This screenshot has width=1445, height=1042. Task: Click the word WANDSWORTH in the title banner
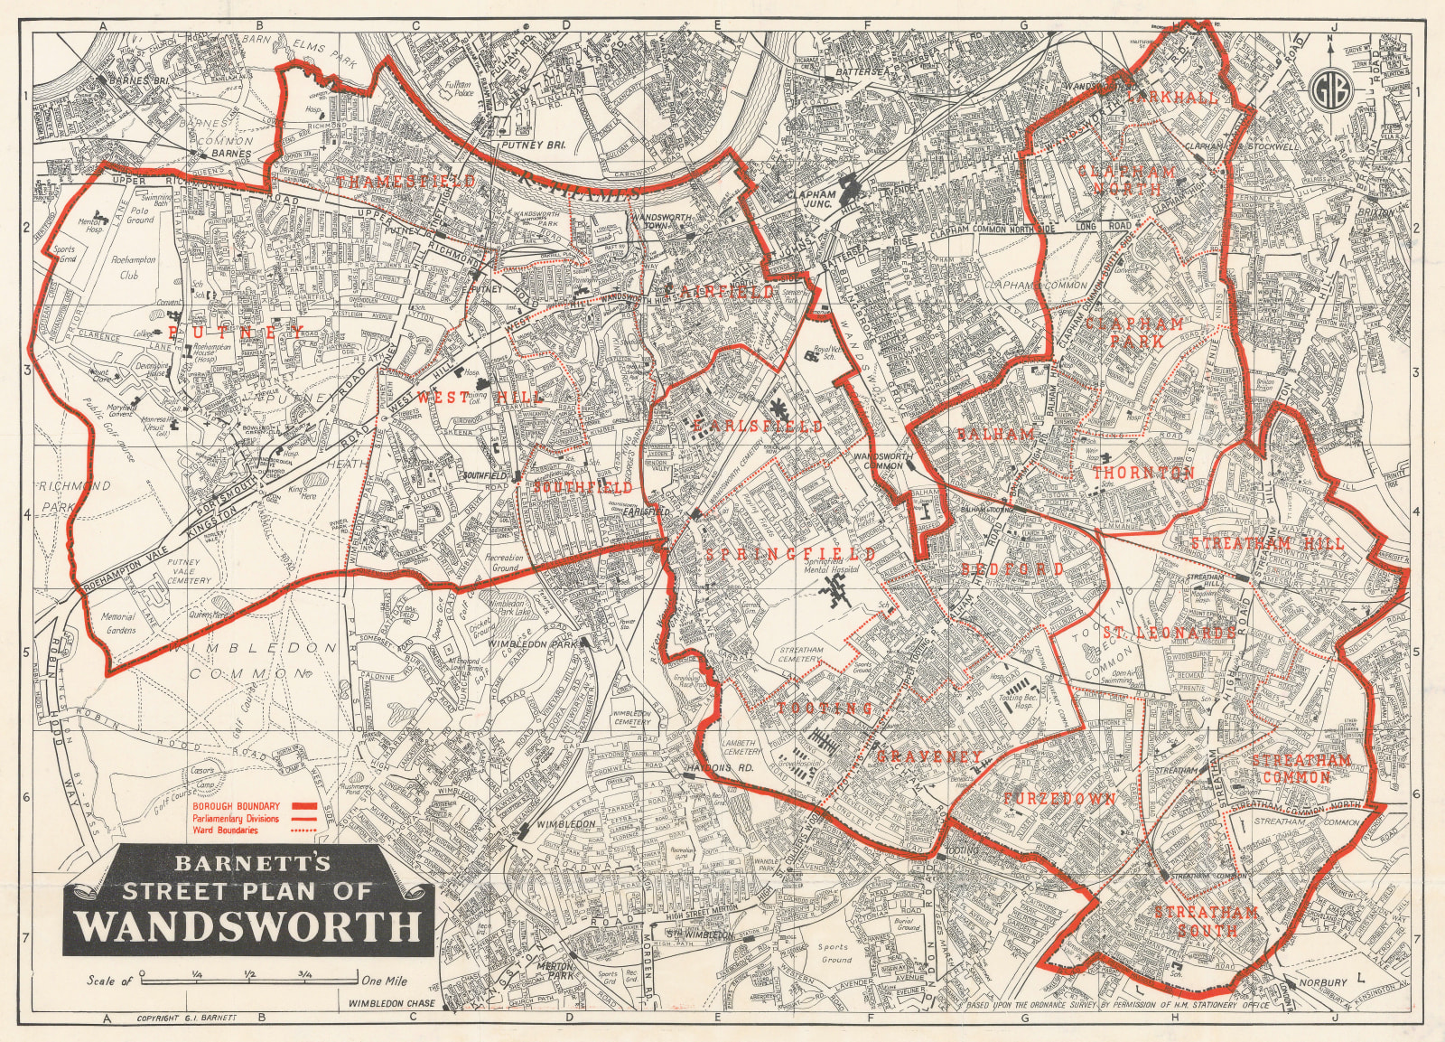pyautogui.click(x=247, y=927)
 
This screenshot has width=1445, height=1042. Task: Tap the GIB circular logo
pyautogui.click(x=1329, y=88)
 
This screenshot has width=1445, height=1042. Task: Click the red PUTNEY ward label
pyautogui.click(x=234, y=333)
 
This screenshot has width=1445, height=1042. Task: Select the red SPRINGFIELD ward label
pyautogui.click(x=790, y=553)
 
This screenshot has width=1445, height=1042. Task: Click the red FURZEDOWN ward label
pyautogui.click(x=1058, y=799)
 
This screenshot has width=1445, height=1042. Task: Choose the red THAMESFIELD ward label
pyautogui.click(x=406, y=182)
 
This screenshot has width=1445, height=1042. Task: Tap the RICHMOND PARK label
pyautogui.click(x=74, y=497)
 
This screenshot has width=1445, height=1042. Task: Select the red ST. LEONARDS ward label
pyautogui.click(x=1168, y=633)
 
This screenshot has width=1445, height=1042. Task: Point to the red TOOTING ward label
pyautogui.click(x=825, y=708)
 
